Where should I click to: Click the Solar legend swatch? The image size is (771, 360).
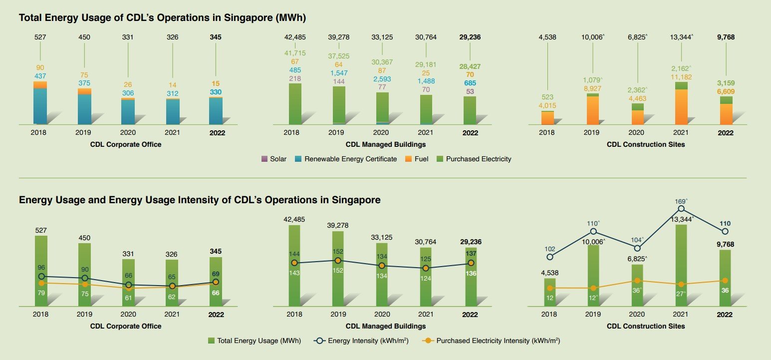[264, 159]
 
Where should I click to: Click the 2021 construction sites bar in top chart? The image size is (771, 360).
[681, 103]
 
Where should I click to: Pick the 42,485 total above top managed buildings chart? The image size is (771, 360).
[294, 37]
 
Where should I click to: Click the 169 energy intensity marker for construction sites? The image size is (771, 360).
[681, 209]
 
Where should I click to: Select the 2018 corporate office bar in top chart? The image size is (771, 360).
[40, 102]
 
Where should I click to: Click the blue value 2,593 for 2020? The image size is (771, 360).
[382, 78]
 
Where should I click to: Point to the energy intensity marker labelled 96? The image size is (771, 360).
[41, 276]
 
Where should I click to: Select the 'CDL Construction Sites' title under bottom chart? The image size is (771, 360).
[646, 326]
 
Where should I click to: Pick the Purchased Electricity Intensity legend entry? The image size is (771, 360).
[491, 341]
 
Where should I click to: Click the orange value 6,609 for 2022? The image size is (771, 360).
[725, 92]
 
